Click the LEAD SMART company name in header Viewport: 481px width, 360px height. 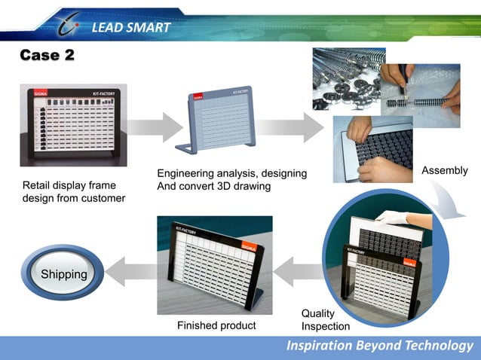(131, 29)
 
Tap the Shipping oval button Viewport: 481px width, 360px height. (63, 274)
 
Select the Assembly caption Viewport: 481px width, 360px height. (444, 172)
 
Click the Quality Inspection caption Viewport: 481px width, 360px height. (325, 319)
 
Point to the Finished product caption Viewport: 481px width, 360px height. (216, 326)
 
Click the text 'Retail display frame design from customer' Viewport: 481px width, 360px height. (73, 191)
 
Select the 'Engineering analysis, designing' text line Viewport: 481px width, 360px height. (231, 174)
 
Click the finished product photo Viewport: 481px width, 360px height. (214, 264)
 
